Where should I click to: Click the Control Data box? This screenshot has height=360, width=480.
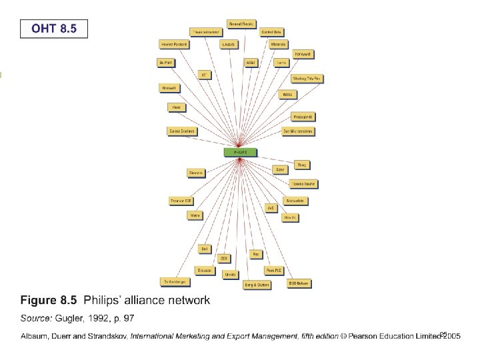(x=271, y=31)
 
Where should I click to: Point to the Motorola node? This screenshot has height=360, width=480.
(x=279, y=45)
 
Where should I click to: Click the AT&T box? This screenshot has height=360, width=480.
(x=251, y=62)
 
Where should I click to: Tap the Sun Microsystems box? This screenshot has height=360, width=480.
(x=298, y=131)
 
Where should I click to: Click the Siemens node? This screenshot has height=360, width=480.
(x=196, y=173)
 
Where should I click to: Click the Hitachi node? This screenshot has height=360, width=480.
(x=289, y=217)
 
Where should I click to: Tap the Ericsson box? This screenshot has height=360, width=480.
(x=204, y=270)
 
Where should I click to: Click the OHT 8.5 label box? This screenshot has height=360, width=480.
(x=53, y=28)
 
